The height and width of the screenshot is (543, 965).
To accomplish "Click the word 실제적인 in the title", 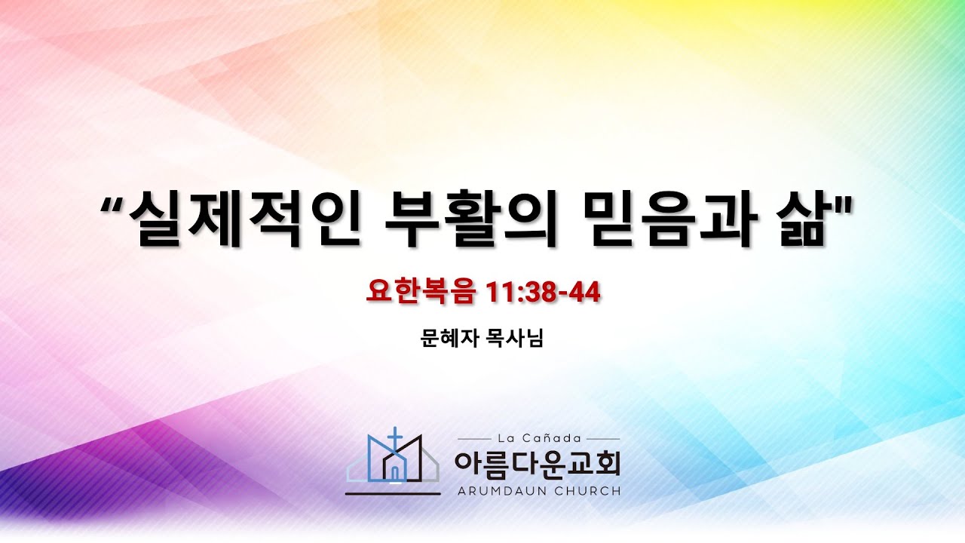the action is click(245, 219).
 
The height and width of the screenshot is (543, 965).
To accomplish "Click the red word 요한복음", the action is click(421, 292).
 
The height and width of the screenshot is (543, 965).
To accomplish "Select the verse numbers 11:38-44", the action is click(543, 292).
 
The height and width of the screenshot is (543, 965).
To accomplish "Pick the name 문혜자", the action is click(450, 339).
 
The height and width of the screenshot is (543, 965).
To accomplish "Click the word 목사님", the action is click(515, 339).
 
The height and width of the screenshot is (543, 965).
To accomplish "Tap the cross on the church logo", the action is click(394, 438).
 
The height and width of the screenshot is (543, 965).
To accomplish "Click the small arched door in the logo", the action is click(394, 473).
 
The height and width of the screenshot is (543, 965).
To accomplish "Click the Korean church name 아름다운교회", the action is click(538, 465).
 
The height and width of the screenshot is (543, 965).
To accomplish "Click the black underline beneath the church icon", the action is click(393, 494).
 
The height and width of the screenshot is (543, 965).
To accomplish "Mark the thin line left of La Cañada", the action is click(474, 439).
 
